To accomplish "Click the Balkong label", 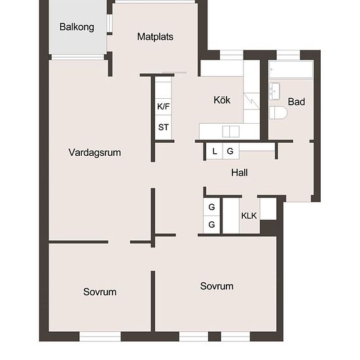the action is [x=77, y=27].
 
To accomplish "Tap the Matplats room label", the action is [x=155, y=37].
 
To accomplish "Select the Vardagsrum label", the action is [x=95, y=153].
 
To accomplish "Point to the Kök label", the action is [x=222, y=100].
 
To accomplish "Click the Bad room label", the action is [x=297, y=101].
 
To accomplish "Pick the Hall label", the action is [x=239, y=173].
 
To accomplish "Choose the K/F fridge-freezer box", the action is [x=163, y=107].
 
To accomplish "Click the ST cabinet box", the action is [x=163, y=127].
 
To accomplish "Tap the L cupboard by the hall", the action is [x=215, y=151].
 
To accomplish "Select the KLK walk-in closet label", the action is [x=249, y=215].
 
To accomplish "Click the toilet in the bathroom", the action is [x=278, y=113].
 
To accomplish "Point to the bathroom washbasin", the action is [x=274, y=91].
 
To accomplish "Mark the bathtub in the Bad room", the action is [x=291, y=69].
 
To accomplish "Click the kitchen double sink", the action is [x=231, y=132].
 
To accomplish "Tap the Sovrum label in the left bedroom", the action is [x=99, y=292].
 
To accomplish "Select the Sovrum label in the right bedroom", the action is [x=217, y=286].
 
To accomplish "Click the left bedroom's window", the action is [x=100, y=336].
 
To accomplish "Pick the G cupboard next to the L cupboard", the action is [x=231, y=151].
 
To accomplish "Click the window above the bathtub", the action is [x=289, y=55].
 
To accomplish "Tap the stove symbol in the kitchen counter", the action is [x=251, y=101].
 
